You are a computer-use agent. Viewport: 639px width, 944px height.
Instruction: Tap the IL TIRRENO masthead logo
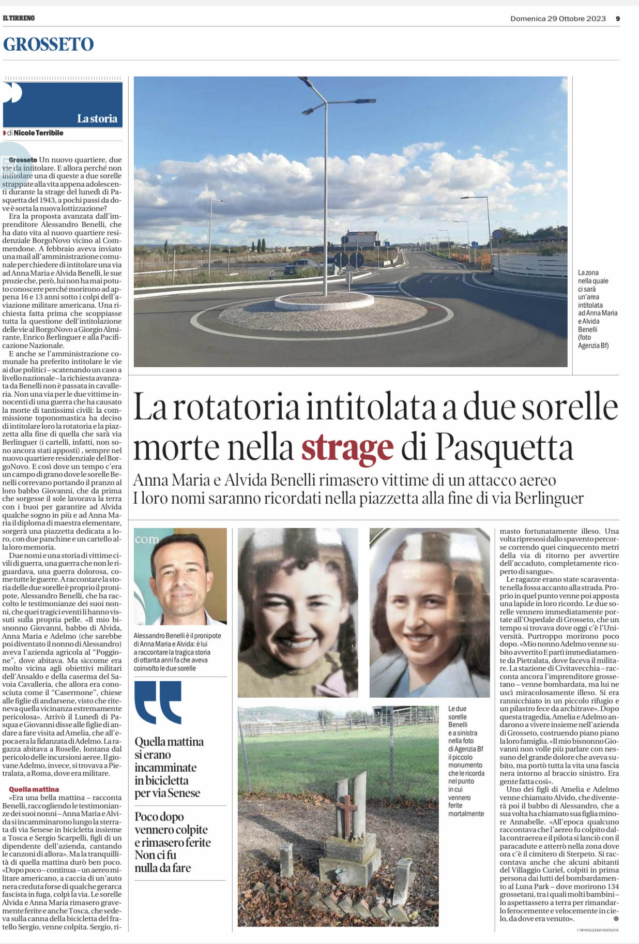point(19,18)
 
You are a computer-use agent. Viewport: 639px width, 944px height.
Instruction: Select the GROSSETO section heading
point(49,44)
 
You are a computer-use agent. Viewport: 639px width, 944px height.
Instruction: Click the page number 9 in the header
point(618,19)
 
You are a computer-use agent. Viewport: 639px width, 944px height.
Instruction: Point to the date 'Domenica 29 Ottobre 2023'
point(558,19)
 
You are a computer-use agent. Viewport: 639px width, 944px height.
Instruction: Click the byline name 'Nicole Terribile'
point(38,133)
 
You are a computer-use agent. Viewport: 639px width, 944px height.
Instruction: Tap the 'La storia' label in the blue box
point(97,118)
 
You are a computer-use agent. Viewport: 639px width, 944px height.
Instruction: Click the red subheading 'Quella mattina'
point(34,789)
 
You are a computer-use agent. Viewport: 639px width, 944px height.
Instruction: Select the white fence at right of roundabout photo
point(530,265)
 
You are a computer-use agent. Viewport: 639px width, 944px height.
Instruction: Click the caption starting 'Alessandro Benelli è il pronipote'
point(177,652)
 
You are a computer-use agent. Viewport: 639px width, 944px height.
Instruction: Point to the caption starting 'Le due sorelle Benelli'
point(466,761)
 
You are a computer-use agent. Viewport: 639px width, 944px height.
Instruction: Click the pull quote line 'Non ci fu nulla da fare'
point(162,861)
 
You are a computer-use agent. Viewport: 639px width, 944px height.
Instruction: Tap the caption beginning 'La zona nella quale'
point(597,309)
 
